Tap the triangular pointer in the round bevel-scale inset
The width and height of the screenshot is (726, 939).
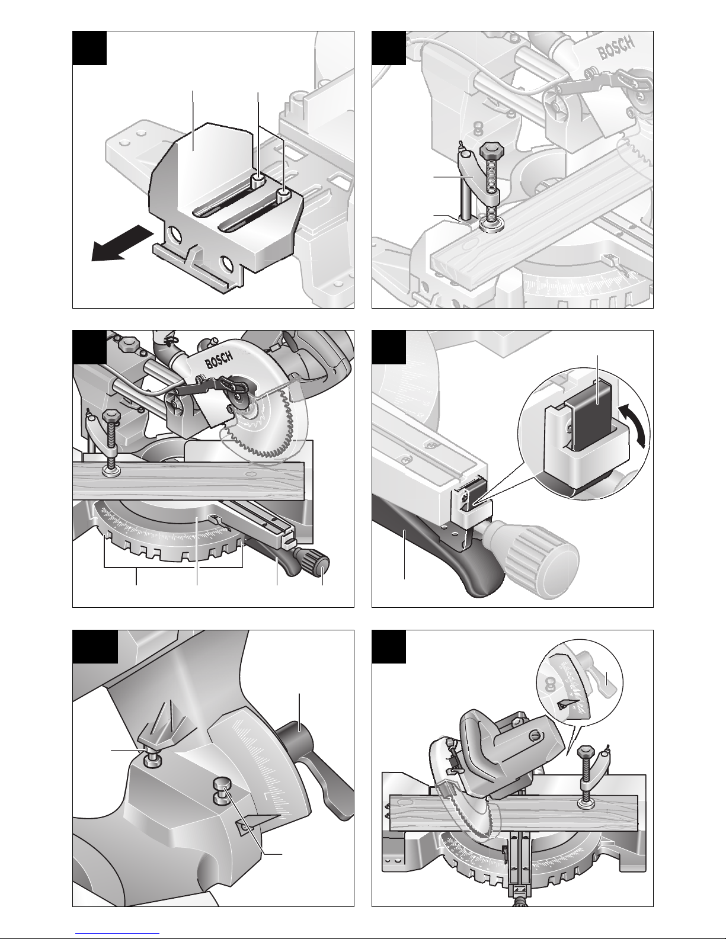[567, 705]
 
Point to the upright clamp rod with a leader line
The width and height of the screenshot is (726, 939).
[465, 200]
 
